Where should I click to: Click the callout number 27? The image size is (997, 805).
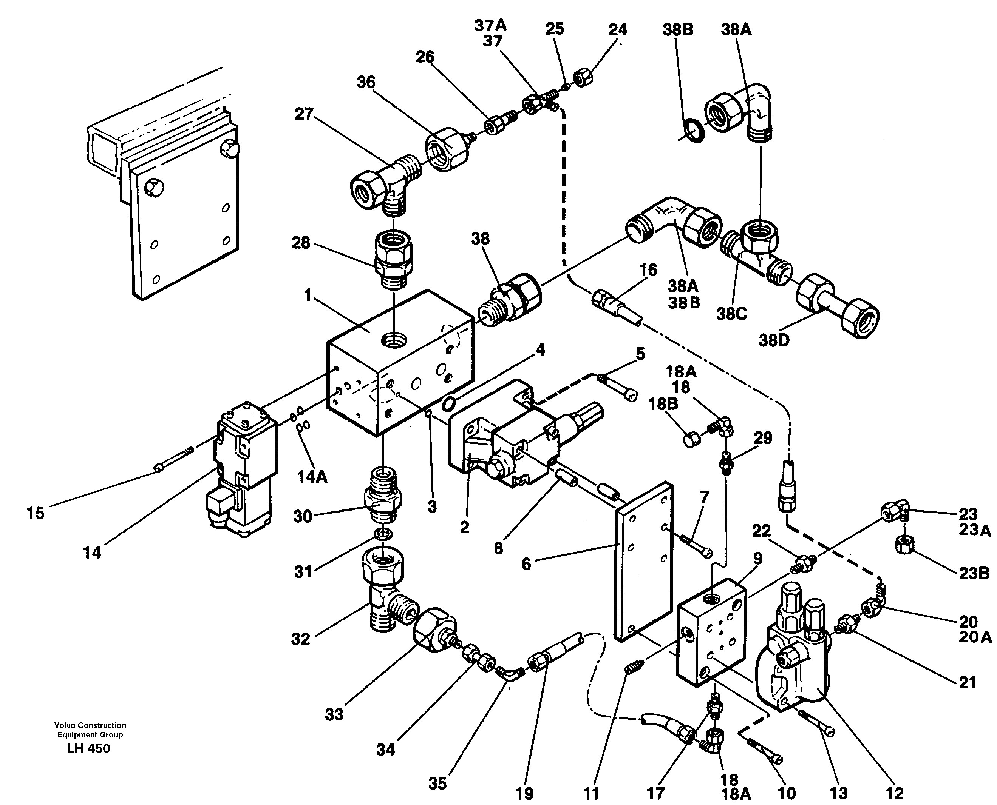[x=304, y=114]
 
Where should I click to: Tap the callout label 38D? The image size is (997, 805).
[x=774, y=340]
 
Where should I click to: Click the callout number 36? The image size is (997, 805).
[x=366, y=82]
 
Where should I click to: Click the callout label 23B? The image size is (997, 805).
[x=974, y=573]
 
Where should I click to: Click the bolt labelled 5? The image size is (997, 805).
[x=617, y=385]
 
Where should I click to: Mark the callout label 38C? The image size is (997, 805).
[x=731, y=314]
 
